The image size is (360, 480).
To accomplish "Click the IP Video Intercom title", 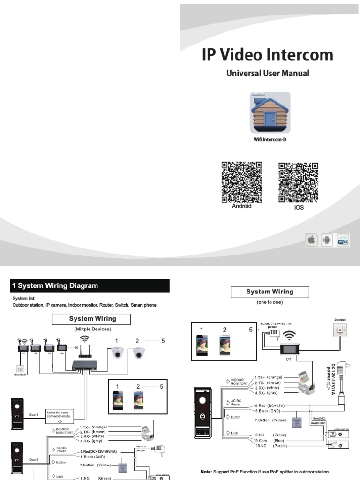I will point(267,55).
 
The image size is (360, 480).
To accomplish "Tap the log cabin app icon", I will point(270,112).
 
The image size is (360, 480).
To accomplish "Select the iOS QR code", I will point(299,182).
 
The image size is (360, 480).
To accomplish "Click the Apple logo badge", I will point(310,240).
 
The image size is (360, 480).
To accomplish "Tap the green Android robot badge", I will point(327,240).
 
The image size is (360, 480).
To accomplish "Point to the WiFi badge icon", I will point(343,240).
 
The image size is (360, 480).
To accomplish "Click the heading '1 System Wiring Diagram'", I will point(58,285).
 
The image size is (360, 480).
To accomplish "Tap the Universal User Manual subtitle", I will point(268,74).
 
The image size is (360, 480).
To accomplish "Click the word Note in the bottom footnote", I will point(206,472).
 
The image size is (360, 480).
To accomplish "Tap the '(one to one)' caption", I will point(270,302).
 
